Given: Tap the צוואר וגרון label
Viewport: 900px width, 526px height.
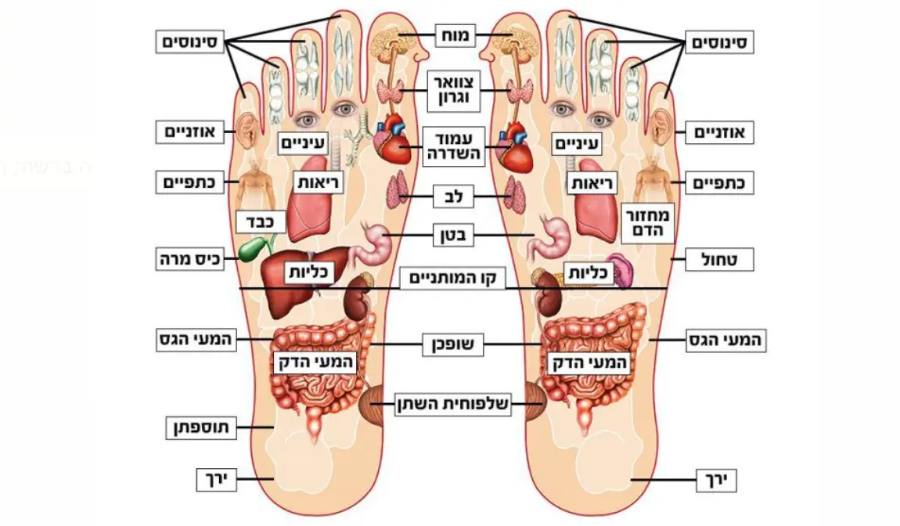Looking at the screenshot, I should tap(455, 90).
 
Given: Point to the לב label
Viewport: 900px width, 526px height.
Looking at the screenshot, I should tap(455, 196).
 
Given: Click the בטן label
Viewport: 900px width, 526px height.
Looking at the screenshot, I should tap(455, 235).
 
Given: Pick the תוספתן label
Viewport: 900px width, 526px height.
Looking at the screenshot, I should tap(193, 428).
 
